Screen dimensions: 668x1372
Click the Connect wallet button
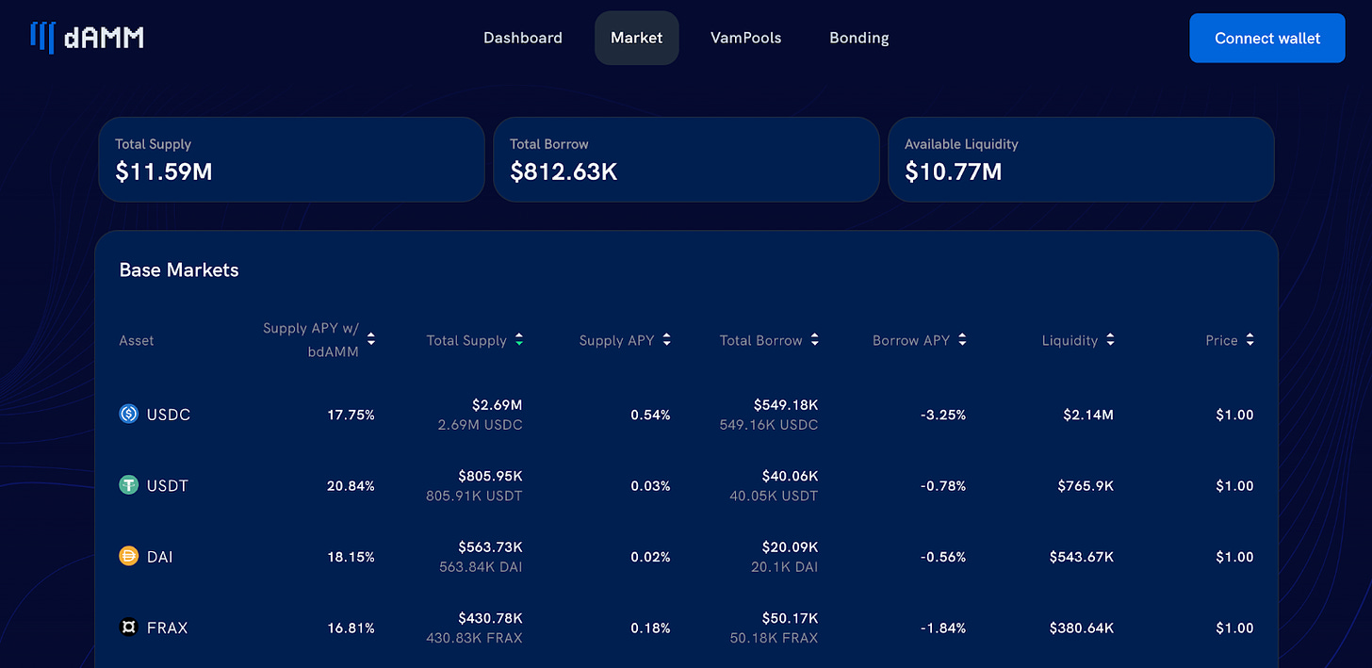coord(1266,39)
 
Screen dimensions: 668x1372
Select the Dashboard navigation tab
coord(522,39)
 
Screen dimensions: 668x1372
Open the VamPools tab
coord(745,39)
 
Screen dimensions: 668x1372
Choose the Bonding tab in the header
coord(858,39)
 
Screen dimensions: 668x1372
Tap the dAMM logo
coord(87,38)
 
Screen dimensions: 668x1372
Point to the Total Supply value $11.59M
coord(163,171)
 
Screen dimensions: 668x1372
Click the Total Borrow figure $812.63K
coord(563,171)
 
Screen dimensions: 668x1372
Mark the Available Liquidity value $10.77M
coord(953,171)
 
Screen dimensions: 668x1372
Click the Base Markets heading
coord(179,270)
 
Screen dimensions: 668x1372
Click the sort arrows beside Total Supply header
coord(519,340)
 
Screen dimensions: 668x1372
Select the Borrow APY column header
coord(910,340)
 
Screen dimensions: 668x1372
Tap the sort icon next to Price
coord(1250,340)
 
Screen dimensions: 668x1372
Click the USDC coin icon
coord(129,414)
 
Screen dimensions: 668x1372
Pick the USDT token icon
coord(129,485)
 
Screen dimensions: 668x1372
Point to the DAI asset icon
coord(129,557)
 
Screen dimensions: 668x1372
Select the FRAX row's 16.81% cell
coord(351,628)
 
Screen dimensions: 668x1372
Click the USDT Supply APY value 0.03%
coord(650,486)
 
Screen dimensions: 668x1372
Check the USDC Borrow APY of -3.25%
coord(942,415)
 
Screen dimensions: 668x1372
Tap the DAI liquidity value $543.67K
coord(1081,557)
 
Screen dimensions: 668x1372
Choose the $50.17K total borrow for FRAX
coord(790,618)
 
